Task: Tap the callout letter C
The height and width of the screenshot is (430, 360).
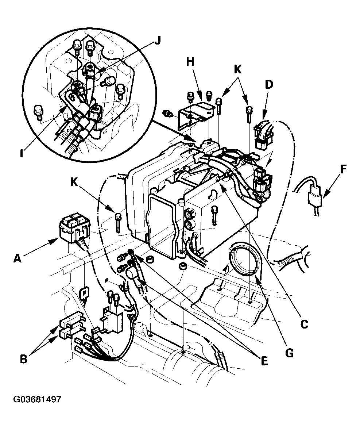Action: (303, 323)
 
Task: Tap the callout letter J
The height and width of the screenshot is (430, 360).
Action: (157, 41)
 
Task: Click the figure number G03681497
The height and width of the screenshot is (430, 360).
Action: (37, 399)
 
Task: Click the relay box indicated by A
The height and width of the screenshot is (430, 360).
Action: (74, 228)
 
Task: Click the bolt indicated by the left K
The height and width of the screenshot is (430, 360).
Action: (118, 222)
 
